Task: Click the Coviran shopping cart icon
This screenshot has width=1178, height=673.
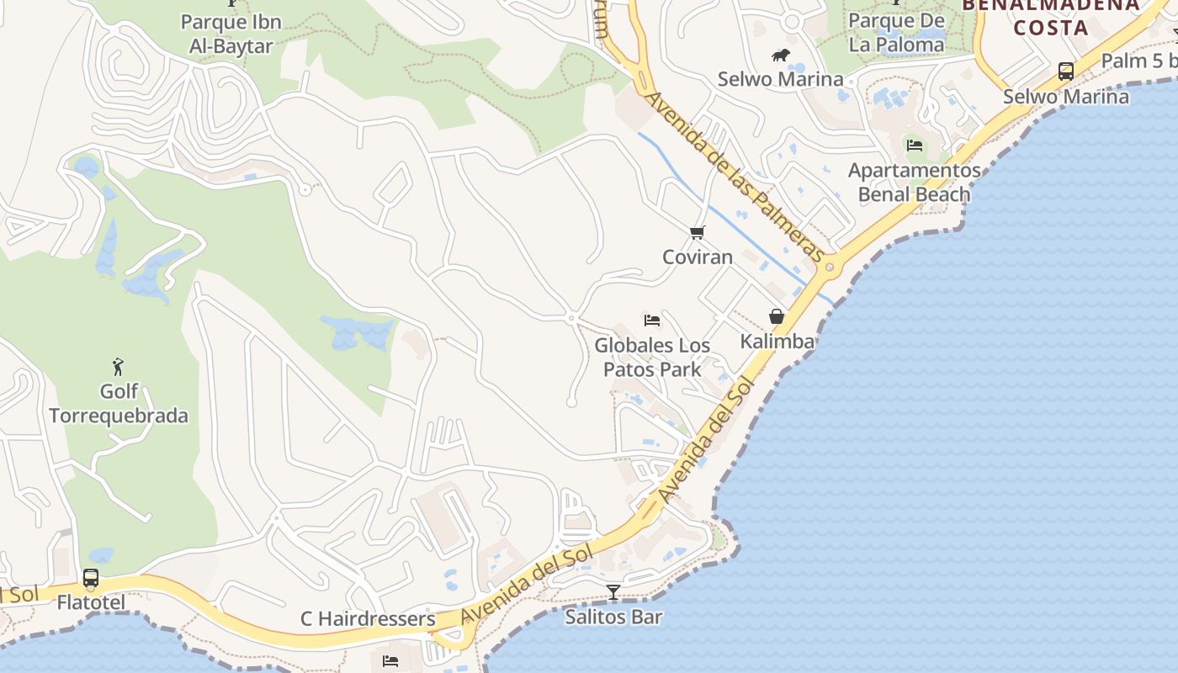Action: coord(697,232)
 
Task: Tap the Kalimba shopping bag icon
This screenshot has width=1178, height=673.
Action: coord(777,316)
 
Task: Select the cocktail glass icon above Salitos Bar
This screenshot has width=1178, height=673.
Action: coord(613,592)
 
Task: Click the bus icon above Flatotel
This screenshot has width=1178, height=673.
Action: coord(91,578)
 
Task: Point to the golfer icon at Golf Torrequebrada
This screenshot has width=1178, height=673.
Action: coord(118,367)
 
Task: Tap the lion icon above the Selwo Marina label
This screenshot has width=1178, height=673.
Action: coord(781,56)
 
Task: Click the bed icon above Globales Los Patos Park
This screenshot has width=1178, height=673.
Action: coord(652,320)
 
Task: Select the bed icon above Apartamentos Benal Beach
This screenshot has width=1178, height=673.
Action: coord(915,146)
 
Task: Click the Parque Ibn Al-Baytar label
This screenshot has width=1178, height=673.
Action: coord(231,34)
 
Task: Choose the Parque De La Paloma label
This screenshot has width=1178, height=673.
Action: coord(896,32)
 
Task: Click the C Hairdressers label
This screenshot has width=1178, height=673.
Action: coord(368,619)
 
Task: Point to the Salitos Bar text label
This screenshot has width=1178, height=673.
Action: coord(613,617)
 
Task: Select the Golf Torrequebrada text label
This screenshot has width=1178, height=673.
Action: coord(119,404)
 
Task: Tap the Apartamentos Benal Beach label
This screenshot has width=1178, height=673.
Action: coord(914,183)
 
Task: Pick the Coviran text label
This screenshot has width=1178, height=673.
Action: coord(698,257)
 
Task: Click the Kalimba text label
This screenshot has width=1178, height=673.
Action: coord(777,341)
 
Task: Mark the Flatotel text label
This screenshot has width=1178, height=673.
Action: coord(91,602)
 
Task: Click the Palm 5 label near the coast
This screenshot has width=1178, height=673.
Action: coord(1138,61)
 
